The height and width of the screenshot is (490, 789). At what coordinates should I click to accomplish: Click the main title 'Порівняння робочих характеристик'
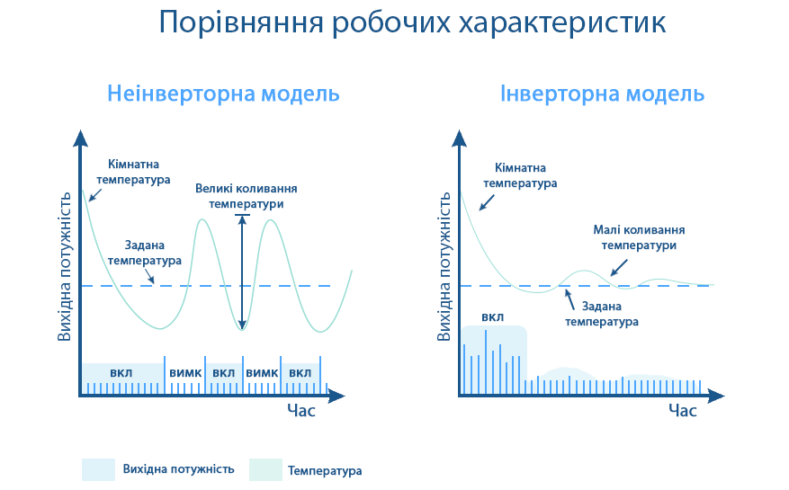click(x=412, y=23)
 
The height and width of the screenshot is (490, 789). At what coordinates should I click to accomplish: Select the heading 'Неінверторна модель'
click(x=223, y=94)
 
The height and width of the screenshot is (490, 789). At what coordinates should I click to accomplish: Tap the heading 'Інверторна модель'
click(x=602, y=94)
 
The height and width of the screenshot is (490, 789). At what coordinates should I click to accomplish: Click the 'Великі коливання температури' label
click(x=246, y=196)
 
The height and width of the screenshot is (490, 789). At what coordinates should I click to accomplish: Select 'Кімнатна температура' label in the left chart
click(x=139, y=172)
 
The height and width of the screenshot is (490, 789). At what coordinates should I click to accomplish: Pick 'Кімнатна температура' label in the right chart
click(x=520, y=175)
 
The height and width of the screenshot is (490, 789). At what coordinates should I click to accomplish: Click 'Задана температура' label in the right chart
click(x=602, y=314)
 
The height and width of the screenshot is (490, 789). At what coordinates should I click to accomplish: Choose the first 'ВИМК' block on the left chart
click(x=184, y=373)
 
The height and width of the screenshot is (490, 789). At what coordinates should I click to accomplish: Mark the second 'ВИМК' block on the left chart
click(x=262, y=373)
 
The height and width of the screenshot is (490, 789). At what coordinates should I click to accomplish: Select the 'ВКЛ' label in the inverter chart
click(x=493, y=316)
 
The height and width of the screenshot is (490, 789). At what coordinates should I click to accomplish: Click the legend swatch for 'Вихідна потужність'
click(x=98, y=469)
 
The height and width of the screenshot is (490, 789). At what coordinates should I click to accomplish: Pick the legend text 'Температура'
click(x=325, y=470)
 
